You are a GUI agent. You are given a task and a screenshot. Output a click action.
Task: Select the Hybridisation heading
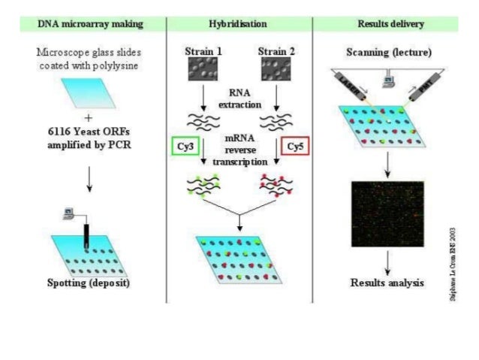click(239, 23)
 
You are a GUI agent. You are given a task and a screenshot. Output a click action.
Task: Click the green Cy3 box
click(189, 146)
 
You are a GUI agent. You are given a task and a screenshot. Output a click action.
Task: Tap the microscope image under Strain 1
click(203, 71)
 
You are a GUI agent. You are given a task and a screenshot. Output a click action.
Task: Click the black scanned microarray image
click(388, 213)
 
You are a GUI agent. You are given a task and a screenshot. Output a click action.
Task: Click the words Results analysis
click(387, 283)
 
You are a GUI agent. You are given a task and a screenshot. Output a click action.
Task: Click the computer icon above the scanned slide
click(387, 76)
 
